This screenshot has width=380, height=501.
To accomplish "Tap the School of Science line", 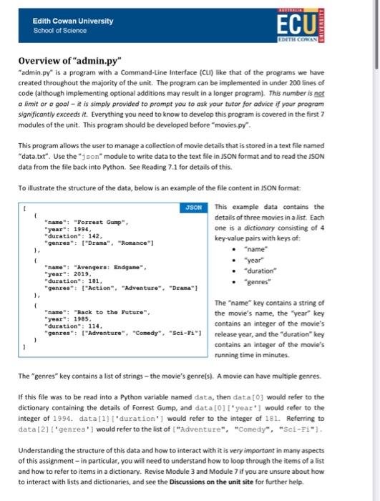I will (59, 30).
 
